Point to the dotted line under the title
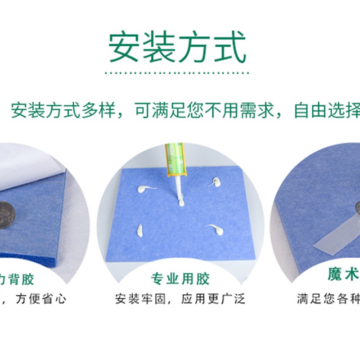(x=176, y=72)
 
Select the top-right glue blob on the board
(x=215, y=182)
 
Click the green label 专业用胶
(x=180, y=279)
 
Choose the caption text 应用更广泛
(x=213, y=299)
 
